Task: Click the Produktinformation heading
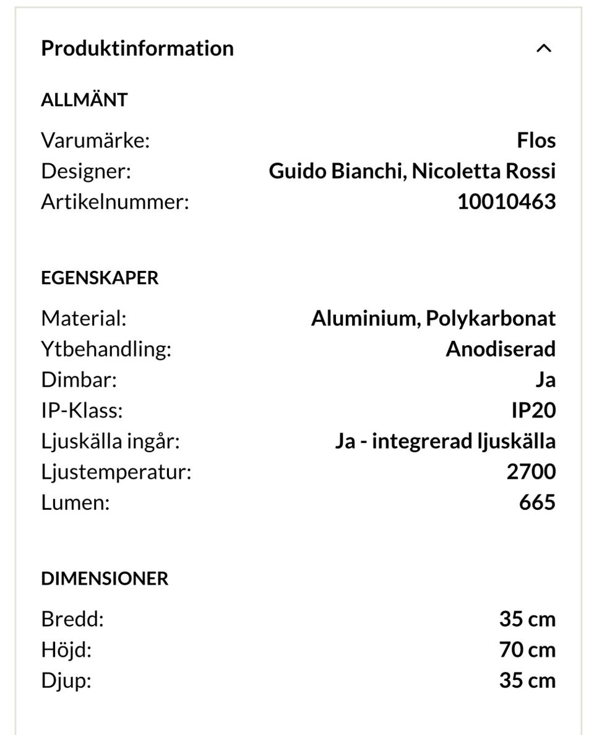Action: pos(137,48)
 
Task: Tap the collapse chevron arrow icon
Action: pos(543,48)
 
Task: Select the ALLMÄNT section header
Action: pos(84,100)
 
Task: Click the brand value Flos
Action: pos(536,140)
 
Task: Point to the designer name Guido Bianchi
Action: pos(335,171)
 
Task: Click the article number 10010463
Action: pos(506,202)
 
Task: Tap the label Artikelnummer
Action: pos(114,202)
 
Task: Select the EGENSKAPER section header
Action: pos(100,278)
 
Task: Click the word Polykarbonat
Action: pos(491,319)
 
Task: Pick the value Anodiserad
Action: pos(500,349)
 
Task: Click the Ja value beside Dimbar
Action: pos(545,380)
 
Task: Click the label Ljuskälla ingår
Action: pos(110,441)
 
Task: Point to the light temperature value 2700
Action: pos(531,471)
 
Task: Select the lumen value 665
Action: pos(537,502)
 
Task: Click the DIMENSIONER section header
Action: pos(105,578)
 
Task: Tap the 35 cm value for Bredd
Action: pos(527,619)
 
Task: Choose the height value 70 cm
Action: pos(527,650)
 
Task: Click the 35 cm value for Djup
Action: pos(527,681)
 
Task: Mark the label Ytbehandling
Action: pos(106,349)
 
